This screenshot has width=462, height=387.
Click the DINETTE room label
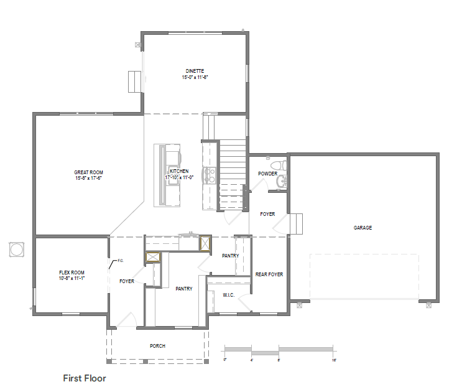(195, 71)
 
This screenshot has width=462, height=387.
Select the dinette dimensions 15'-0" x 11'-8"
(195, 77)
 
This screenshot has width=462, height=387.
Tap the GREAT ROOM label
(89, 172)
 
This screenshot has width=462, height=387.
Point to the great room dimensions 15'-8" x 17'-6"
(89, 178)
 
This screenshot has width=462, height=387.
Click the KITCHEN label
(179, 171)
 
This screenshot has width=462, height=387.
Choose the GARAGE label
(363, 228)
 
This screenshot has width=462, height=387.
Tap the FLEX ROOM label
(72, 273)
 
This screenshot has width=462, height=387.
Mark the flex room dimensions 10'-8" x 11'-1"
(72, 278)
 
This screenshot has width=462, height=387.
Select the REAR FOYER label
(269, 274)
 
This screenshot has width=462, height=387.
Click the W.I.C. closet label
(229, 295)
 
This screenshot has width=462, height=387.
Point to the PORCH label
(158, 346)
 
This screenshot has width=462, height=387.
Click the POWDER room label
(268, 174)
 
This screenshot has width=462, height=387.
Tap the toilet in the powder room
(279, 165)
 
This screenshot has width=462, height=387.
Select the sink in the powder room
(282, 181)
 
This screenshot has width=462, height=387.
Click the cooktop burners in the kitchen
(210, 175)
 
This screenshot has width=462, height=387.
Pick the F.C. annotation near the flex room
(121, 261)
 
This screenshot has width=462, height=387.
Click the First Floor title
(85, 378)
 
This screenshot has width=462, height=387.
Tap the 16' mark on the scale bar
(334, 360)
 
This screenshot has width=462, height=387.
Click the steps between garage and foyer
(296, 224)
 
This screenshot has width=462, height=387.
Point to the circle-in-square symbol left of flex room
(17, 250)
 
